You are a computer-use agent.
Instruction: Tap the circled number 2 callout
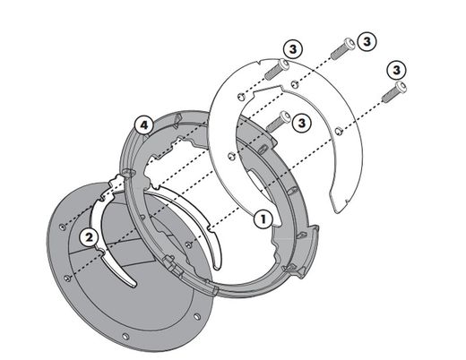point(87,236)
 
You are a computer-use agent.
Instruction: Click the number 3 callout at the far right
point(394,68)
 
